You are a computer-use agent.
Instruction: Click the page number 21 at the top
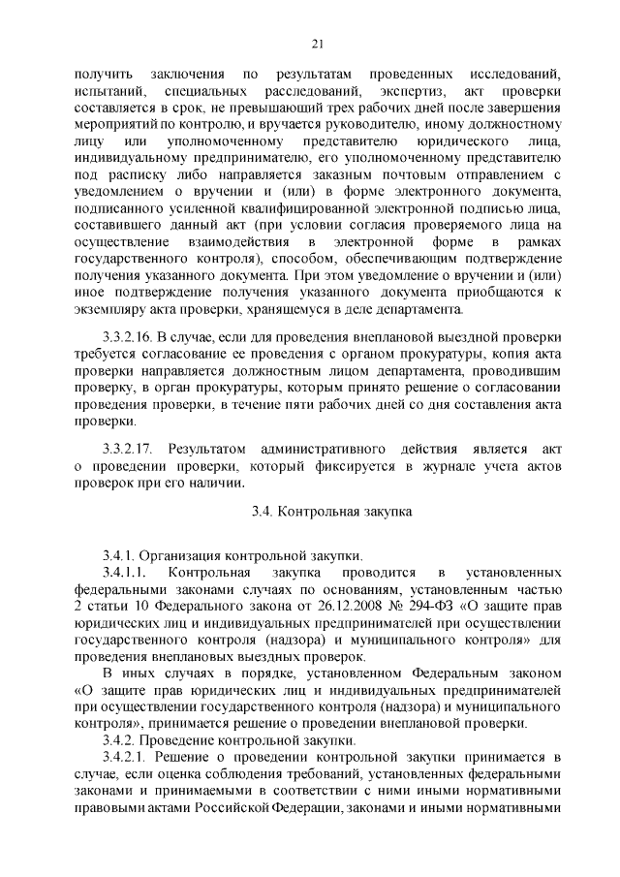point(318,43)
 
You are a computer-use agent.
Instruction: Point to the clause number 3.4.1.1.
point(124,573)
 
